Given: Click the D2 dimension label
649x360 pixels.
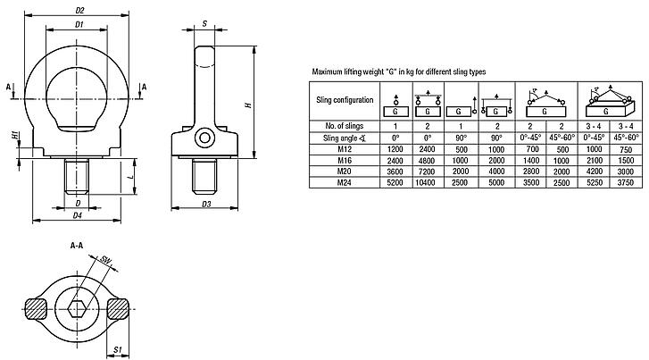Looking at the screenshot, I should (x=79, y=11).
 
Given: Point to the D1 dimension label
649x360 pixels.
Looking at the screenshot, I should (x=79, y=24).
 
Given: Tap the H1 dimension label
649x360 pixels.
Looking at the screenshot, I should (x=15, y=135).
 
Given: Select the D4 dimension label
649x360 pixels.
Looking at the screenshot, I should (x=78, y=215).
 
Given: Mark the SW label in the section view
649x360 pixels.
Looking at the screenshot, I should (x=106, y=261).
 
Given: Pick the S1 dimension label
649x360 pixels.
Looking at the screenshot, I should (x=118, y=347).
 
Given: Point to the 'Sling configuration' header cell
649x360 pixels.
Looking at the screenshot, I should (x=341, y=101).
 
